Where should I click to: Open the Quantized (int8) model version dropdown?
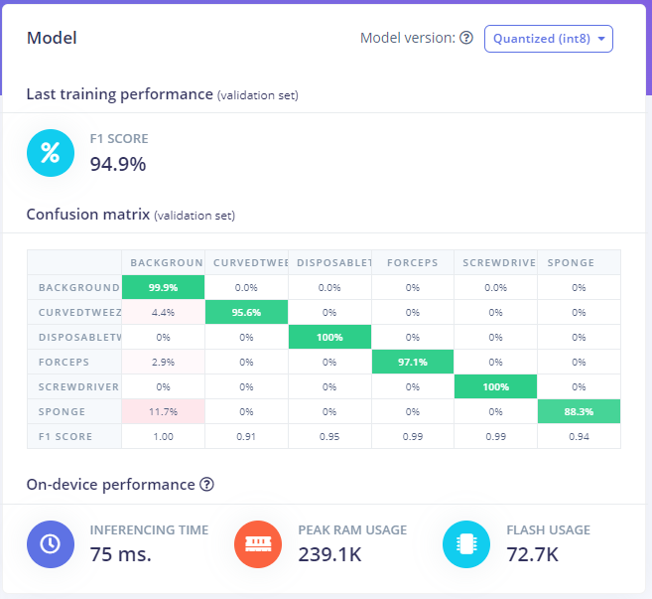click(x=548, y=39)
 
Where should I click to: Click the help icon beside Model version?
click(x=466, y=39)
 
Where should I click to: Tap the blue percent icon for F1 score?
click(x=50, y=153)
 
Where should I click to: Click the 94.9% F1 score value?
click(x=117, y=164)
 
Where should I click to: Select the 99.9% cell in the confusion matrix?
click(x=163, y=287)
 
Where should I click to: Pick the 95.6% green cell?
click(x=246, y=312)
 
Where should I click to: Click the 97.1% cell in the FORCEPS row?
click(x=413, y=362)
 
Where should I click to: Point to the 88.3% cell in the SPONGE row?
click(x=579, y=411)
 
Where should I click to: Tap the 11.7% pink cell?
click(x=163, y=411)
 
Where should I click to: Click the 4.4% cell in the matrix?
click(x=163, y=312)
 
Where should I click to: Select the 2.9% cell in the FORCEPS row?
click(x=163, y=362)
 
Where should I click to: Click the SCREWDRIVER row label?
click(x=78, y=386)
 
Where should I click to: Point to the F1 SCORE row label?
click(x=65, y=436)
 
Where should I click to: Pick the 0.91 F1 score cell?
click(x=246, y=436)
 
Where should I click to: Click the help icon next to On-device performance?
click(x=206, y=485)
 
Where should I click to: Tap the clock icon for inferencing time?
click(x=50, y=545)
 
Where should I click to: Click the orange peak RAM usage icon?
click(x=258, y=545)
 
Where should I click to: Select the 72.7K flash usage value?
click(x=534, y=554)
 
